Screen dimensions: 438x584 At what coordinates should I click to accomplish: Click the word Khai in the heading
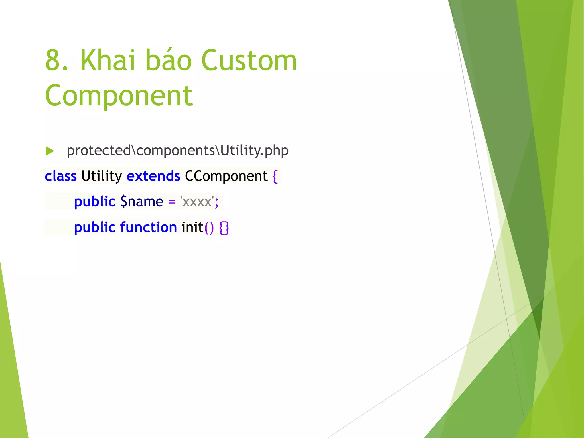[108, 60]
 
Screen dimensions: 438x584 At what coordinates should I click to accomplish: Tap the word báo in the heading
[169, 60]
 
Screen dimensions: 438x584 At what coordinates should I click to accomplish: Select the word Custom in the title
[249, 60]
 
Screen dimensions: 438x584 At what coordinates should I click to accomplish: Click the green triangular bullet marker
[50, 151]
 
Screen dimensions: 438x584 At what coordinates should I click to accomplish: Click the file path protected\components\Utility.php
[177, 150]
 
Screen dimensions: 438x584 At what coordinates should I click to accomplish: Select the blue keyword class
[61, 176]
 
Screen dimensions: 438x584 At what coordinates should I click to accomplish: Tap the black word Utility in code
[102, 176]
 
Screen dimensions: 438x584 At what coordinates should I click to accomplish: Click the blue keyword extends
[153, 176]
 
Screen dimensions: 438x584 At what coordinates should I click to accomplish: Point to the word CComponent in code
[226, 176]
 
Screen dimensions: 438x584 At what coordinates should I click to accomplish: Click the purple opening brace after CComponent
[275, 176]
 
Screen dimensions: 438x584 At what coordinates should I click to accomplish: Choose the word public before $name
[94, 202]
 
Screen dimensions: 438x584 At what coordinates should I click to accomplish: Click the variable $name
[142, 202]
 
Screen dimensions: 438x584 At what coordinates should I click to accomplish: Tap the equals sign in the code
[172, 202]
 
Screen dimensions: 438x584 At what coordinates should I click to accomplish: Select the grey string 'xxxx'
[197, 202]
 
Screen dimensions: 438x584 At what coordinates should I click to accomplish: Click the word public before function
[94, 227]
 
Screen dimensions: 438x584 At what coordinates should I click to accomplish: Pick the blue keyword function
[149, 227]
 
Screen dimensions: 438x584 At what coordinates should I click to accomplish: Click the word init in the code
[192, 227]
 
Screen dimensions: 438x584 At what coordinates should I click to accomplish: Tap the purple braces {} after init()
[224, 228]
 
